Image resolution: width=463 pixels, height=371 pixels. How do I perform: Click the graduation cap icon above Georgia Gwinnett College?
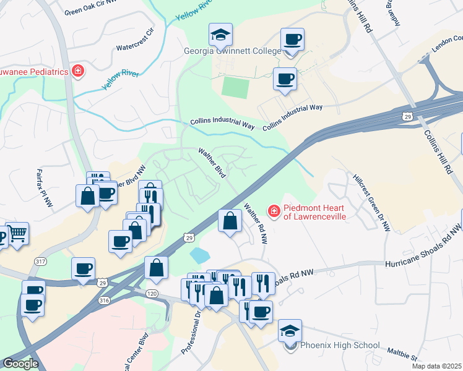pos(220,35)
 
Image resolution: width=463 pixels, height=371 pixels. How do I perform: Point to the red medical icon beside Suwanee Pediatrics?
pos(78,71)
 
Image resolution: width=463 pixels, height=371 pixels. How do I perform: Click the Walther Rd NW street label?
pos(255,223)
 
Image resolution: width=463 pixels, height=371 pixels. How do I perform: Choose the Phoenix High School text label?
pos(340,345)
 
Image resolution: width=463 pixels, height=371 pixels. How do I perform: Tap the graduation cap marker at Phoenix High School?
pos(290,330)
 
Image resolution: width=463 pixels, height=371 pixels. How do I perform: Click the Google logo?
pos(20,364)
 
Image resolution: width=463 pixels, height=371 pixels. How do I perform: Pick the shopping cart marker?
pos(17,234)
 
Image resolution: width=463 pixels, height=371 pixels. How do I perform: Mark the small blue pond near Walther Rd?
pos(200,254)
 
